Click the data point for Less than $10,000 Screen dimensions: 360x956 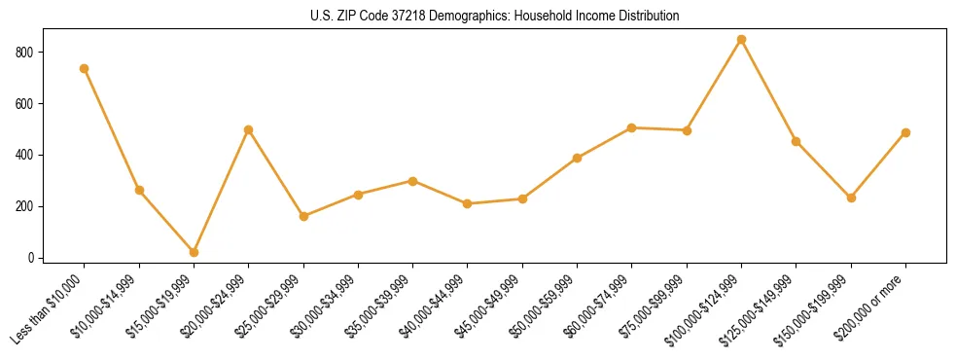coord(85,68)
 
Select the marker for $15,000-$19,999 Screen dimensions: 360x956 coord(194,252)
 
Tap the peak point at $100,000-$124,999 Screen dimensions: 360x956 coord(741,40)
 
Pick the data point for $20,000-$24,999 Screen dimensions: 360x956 coord(249,129)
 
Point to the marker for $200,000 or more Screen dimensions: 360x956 coord(905,132)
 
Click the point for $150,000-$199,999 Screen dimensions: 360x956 coord(851,198)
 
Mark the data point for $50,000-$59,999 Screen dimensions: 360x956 coord(577,158)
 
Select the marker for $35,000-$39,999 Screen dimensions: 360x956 coord(412,181)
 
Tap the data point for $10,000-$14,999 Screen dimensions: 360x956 coord(139,190)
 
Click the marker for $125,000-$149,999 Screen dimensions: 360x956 coord(797,141)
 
